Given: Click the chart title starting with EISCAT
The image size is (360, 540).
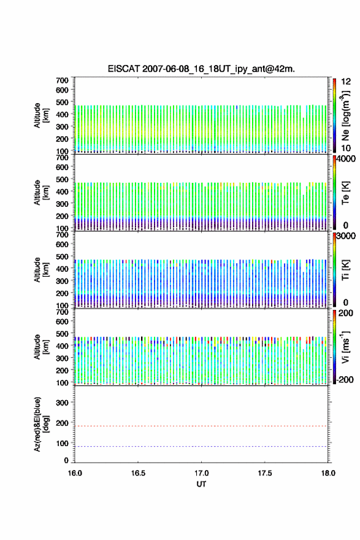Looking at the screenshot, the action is [201, 69].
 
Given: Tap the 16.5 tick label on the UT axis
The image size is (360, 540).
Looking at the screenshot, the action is [138, 473].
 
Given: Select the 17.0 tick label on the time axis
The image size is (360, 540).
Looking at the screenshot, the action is [201, 473].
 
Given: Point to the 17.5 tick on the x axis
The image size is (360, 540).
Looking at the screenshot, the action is [265, 473].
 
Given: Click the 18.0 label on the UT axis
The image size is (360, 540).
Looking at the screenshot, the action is [328, 473].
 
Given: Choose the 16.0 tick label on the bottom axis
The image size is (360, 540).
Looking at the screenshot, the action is [75, 473].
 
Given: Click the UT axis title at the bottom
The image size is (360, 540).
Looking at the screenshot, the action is [201, 484].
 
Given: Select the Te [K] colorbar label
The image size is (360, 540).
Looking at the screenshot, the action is [345, 193].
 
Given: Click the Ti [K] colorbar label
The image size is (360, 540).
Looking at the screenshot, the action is [345, 270].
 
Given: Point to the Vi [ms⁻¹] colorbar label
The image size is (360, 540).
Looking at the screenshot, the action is [345, 347].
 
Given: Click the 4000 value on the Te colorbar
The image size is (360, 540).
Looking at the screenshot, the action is [346, 159].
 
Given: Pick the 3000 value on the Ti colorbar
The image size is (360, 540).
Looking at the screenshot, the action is [346, 236].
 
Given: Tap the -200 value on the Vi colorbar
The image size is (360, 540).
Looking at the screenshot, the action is [345, 379].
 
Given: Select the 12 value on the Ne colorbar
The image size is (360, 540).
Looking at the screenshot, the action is [346, 82].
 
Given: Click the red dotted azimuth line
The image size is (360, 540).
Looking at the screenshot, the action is [201, 426].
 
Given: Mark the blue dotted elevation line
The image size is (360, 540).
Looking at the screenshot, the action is [201, 446].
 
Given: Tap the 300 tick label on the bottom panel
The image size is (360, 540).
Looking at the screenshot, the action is [63, 403].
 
